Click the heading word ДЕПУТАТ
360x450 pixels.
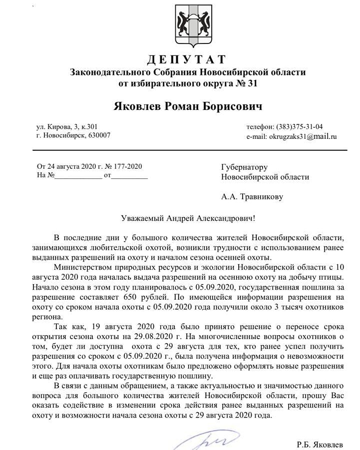click(186, 60)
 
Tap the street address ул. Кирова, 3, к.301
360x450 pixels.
click(67, 127)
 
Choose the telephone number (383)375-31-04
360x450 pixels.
click(298, 127)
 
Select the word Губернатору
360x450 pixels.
click(245, 167)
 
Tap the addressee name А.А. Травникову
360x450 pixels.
click(252, 197)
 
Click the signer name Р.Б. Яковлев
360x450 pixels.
click(320, 443)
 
